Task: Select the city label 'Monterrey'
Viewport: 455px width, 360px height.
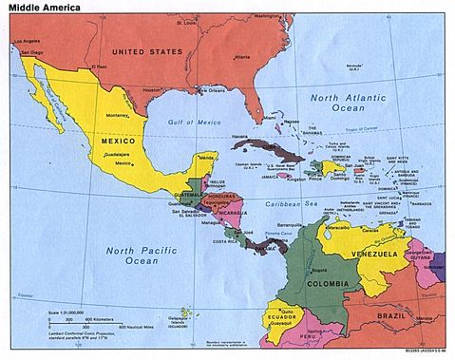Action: [x=119, y=115]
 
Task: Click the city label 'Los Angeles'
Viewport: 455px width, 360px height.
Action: [x=26, y=41]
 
